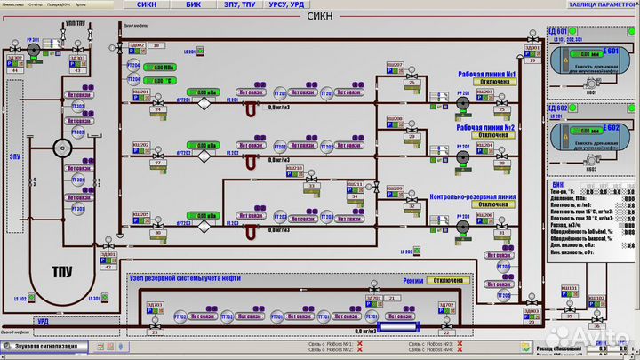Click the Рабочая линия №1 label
point(487,74)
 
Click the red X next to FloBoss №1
point(360,342)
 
